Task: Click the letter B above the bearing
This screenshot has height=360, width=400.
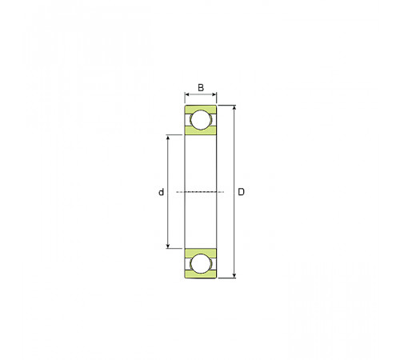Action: tap(201, 87)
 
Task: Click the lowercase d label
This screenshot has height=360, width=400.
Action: tap(161, 192)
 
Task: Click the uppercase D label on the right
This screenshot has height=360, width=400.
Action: tap(241, 192)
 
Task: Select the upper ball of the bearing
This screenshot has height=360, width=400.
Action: tap(201, 120)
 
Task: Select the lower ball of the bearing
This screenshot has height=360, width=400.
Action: tap(201, 263)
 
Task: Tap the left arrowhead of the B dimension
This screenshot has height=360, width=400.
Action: tap(187, 94)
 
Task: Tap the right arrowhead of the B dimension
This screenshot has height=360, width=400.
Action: tap(214, 94)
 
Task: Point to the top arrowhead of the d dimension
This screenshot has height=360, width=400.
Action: tap(168, 137)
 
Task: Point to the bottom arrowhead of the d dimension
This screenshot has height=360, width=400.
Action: tap(168, 246)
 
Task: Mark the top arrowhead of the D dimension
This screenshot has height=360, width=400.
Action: tap(234, 107)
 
